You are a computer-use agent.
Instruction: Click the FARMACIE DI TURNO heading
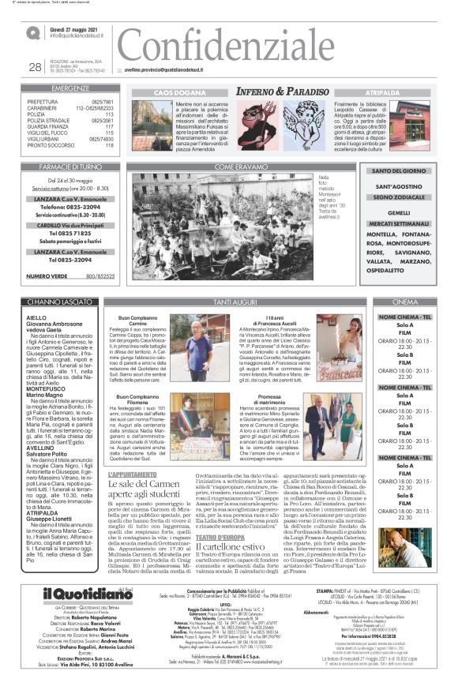(70, 168)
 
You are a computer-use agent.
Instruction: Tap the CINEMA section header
(404, 302)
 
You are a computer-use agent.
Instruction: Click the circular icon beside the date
(33, 33)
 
